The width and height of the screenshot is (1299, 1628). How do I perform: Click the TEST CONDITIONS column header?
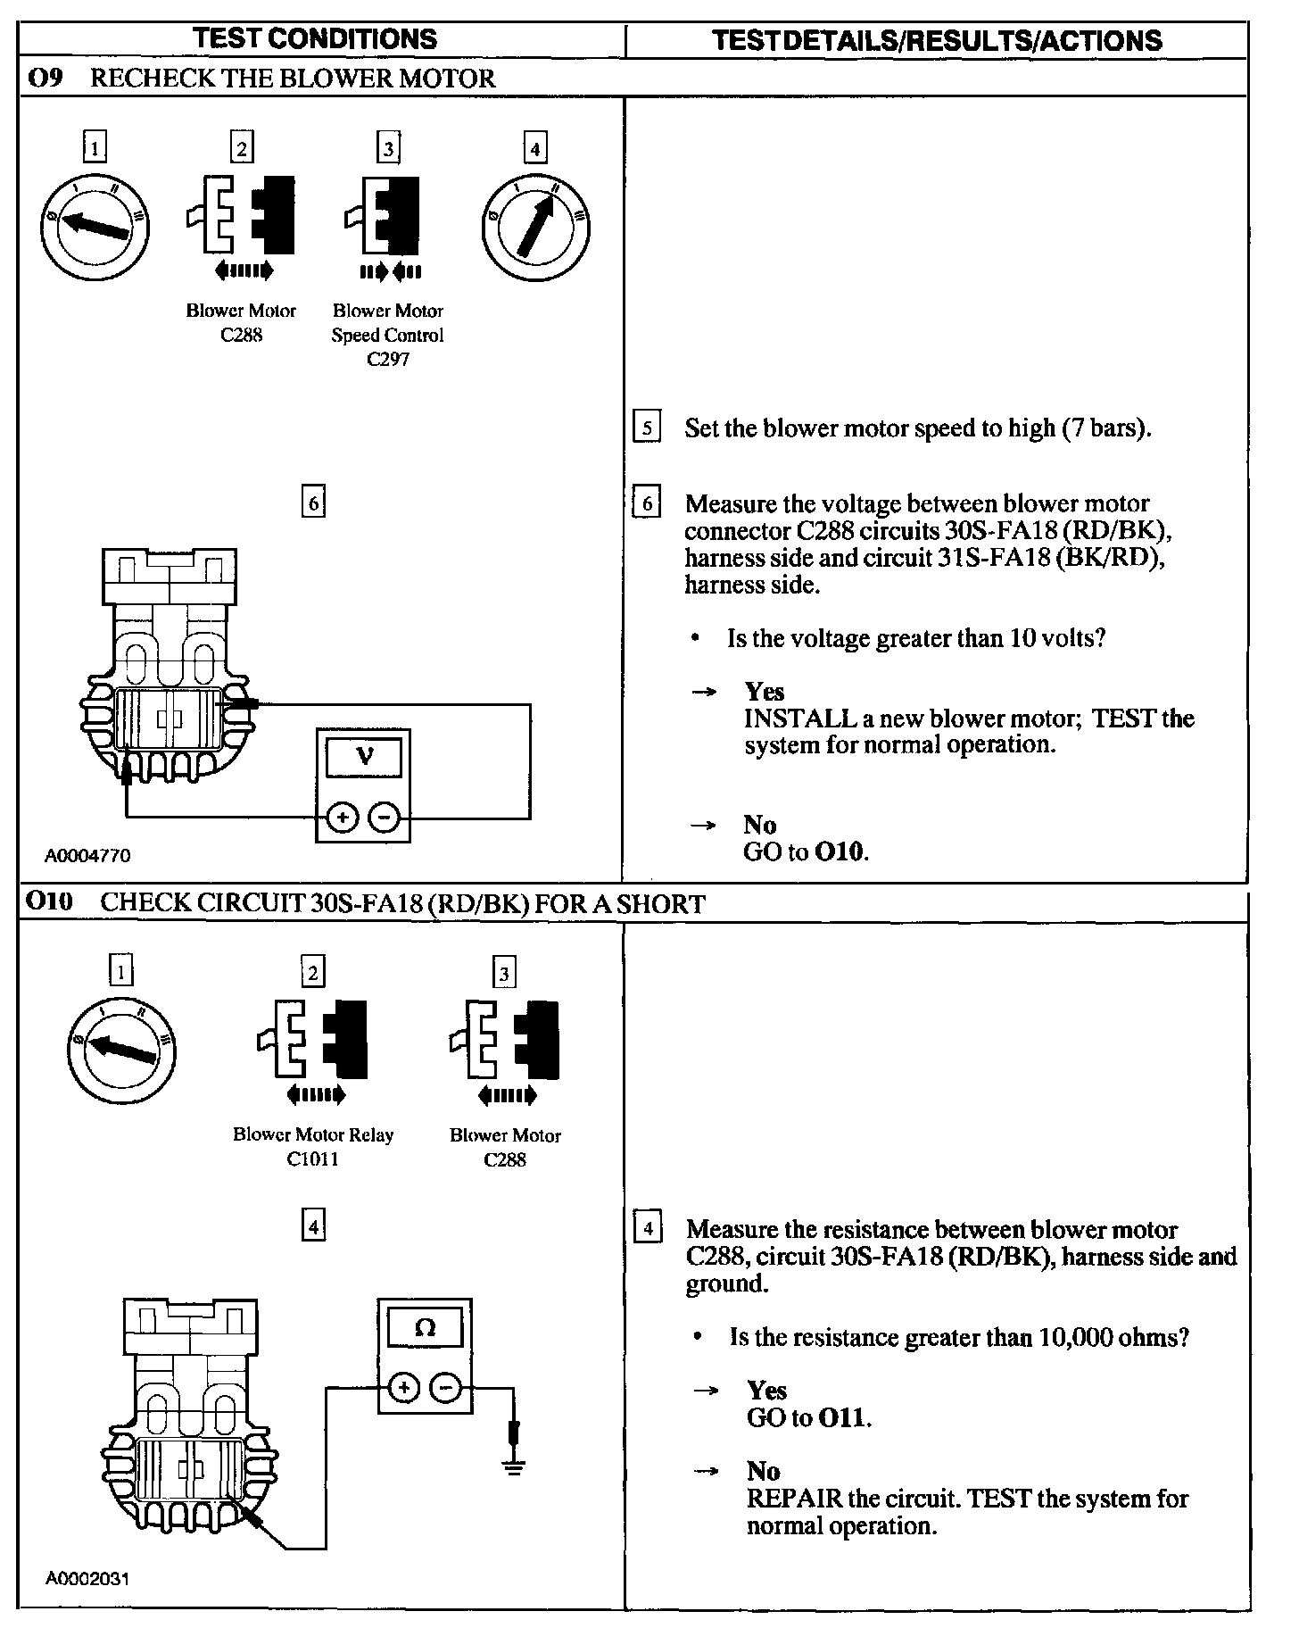pos(316,39)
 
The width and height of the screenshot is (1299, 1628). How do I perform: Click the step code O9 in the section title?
pos(45,79)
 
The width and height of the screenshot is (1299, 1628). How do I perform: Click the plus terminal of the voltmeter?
pos(343,817)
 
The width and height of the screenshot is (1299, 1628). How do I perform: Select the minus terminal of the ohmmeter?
pos(446,1388)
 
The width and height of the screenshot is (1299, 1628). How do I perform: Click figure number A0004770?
pos(87,856)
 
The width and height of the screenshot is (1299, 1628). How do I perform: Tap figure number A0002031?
pos(87,1579)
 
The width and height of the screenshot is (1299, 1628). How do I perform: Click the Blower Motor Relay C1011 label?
pos(313,1147)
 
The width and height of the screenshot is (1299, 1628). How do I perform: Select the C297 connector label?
pos(387,360)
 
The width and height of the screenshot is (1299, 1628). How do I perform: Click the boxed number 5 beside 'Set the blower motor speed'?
pos(647,428)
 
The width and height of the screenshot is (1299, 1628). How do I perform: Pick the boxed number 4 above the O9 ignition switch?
pos(534,147)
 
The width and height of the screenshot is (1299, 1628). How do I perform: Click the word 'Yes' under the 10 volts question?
pos(765,692)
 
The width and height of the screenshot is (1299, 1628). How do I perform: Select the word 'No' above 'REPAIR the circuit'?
pos(763,1471)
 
